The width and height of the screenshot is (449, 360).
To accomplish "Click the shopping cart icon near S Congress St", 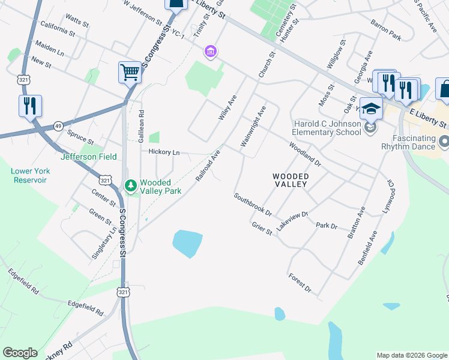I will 130,73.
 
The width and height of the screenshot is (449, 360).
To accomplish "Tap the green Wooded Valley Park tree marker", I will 130,186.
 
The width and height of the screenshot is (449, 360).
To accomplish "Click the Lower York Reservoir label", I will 30,175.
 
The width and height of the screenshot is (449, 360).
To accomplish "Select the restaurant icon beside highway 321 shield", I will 30,106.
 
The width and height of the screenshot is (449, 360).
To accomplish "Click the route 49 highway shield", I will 58,126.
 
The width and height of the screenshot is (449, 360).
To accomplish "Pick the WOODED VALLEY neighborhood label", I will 291,180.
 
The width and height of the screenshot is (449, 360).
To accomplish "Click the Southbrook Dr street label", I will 253,205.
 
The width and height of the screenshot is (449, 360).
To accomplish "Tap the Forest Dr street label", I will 300,283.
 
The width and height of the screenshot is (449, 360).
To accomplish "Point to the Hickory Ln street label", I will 164,152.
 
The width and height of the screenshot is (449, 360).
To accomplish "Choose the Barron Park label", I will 385,31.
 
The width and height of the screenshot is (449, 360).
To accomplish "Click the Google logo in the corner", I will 20,353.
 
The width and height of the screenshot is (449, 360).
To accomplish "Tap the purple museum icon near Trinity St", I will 210,52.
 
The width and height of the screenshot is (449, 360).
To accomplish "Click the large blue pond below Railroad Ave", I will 187,243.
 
